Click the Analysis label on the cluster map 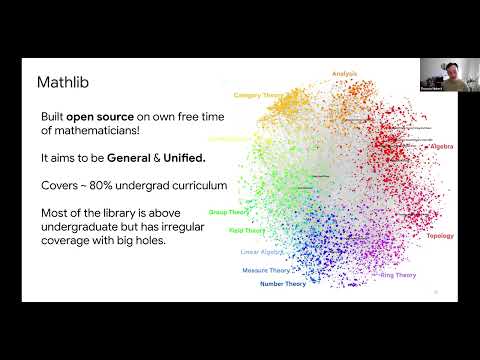pyautogui.click(x=344, y=73)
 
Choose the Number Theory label pyautogui.click(x=283, y=284)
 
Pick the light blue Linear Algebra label pyautogui.click(x=261, y=251)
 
